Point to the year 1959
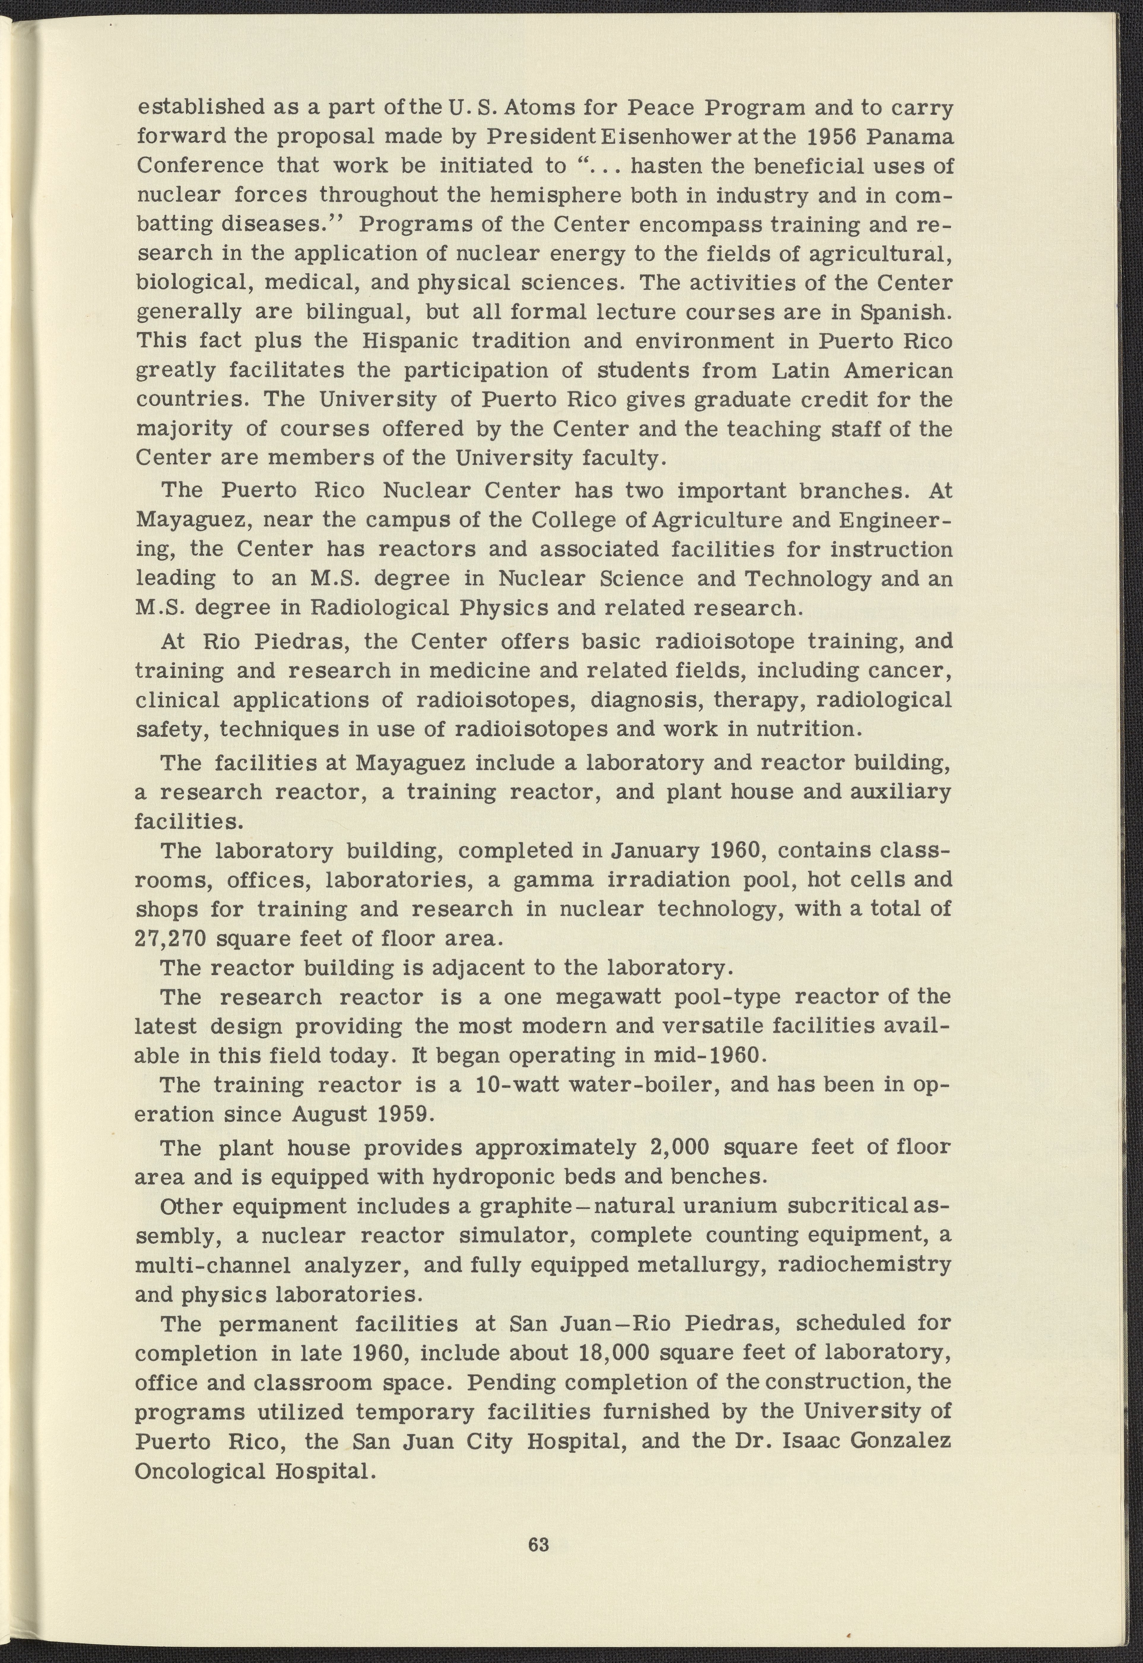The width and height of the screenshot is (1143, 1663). point(405,1115)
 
